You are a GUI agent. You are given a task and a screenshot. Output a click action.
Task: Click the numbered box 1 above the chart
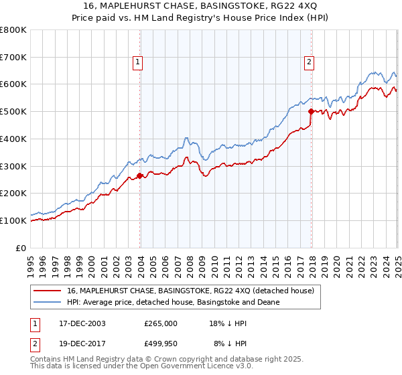point(137,62)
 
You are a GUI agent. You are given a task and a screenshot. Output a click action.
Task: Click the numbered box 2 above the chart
point(309,62)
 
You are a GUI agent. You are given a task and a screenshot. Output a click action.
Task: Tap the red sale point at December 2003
point(140,176)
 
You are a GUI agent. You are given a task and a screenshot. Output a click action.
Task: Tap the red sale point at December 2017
point(312,112)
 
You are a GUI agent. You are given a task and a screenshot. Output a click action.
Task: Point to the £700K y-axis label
point(13,57)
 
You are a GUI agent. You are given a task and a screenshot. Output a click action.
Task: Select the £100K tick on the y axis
point(13,220)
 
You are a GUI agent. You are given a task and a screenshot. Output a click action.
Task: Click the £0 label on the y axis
point(20,248)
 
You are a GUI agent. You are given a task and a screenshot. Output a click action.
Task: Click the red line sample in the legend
point(47,291)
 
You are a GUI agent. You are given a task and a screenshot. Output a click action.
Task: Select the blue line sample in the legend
point(47,302)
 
